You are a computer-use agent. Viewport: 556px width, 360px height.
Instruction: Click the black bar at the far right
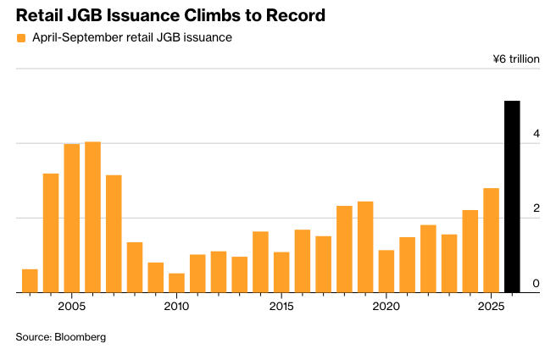point(512,197)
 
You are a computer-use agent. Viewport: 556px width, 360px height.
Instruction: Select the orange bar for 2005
point(72,219)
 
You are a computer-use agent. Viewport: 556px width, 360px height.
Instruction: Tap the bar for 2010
point(176,283)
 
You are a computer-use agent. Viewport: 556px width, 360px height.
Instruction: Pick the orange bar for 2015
point(281,272)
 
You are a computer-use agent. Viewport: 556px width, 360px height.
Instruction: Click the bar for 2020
point(386,271)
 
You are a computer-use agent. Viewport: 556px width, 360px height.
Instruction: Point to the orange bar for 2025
point(491,241)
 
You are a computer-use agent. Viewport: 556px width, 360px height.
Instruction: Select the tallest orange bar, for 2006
point(93,217)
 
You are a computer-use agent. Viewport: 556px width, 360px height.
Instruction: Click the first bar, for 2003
point(30,281)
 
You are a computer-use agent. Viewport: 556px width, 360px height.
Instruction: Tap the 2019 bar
point(365,247)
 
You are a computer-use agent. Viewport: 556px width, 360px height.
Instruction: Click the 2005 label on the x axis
point(72,306)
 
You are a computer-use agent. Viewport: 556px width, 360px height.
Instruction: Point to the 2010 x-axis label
point(176,306)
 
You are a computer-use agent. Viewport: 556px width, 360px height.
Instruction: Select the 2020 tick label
point(386,306)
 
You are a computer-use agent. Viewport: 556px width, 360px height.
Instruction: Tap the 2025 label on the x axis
point(491,306)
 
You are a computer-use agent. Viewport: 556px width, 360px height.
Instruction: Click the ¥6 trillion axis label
point(516,58)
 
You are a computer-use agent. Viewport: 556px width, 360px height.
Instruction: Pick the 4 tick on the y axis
point(537,134)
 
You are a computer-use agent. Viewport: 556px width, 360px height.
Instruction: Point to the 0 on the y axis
point(537,283)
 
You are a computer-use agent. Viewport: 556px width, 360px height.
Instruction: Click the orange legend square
point(21,38)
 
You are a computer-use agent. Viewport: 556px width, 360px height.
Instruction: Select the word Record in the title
point(295,15)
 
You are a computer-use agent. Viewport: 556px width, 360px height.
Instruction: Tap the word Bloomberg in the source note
point(81,337)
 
